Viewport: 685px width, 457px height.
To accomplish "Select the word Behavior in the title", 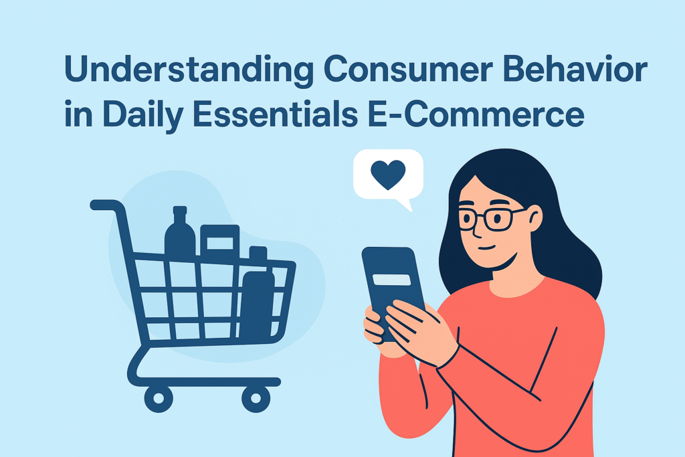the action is pyautogui.click(x=575, y=69).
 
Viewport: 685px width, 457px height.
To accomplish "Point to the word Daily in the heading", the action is pyautogui.click(x=142, y=114).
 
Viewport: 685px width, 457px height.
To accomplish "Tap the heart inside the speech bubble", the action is pyautogui.click(x=388, y=175).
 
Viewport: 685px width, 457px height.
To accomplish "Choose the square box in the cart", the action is pyautogui.click(x=219, y=242).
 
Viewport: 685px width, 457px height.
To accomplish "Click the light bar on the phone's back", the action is pyautogui.click(x=391, y=280).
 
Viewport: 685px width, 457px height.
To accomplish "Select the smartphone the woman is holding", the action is pyautogui.click(x=393, y=290).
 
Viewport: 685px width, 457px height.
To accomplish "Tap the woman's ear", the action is pyautogui.click(x=534, y=217).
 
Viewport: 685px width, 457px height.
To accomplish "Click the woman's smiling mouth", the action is pyautogui.click(x=487, y=248).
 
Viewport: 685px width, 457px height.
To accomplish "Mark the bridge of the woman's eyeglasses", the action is pyautogui.click(x=479, y=215).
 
